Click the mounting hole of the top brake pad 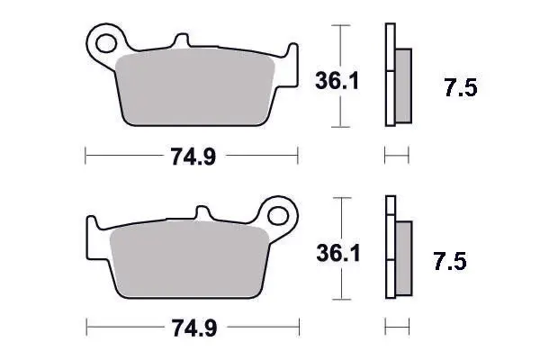tap(105, 43)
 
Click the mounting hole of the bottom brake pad tap(277, 216)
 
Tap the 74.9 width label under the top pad tap(193, 156)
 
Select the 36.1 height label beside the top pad tap(337, 81)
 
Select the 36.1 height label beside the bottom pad tap(338, 253)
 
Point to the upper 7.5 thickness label tap(461, 87)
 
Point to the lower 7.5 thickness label tap(450, 261)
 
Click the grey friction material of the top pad tap(194, 88)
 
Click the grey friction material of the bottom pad tap(189, 260)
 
